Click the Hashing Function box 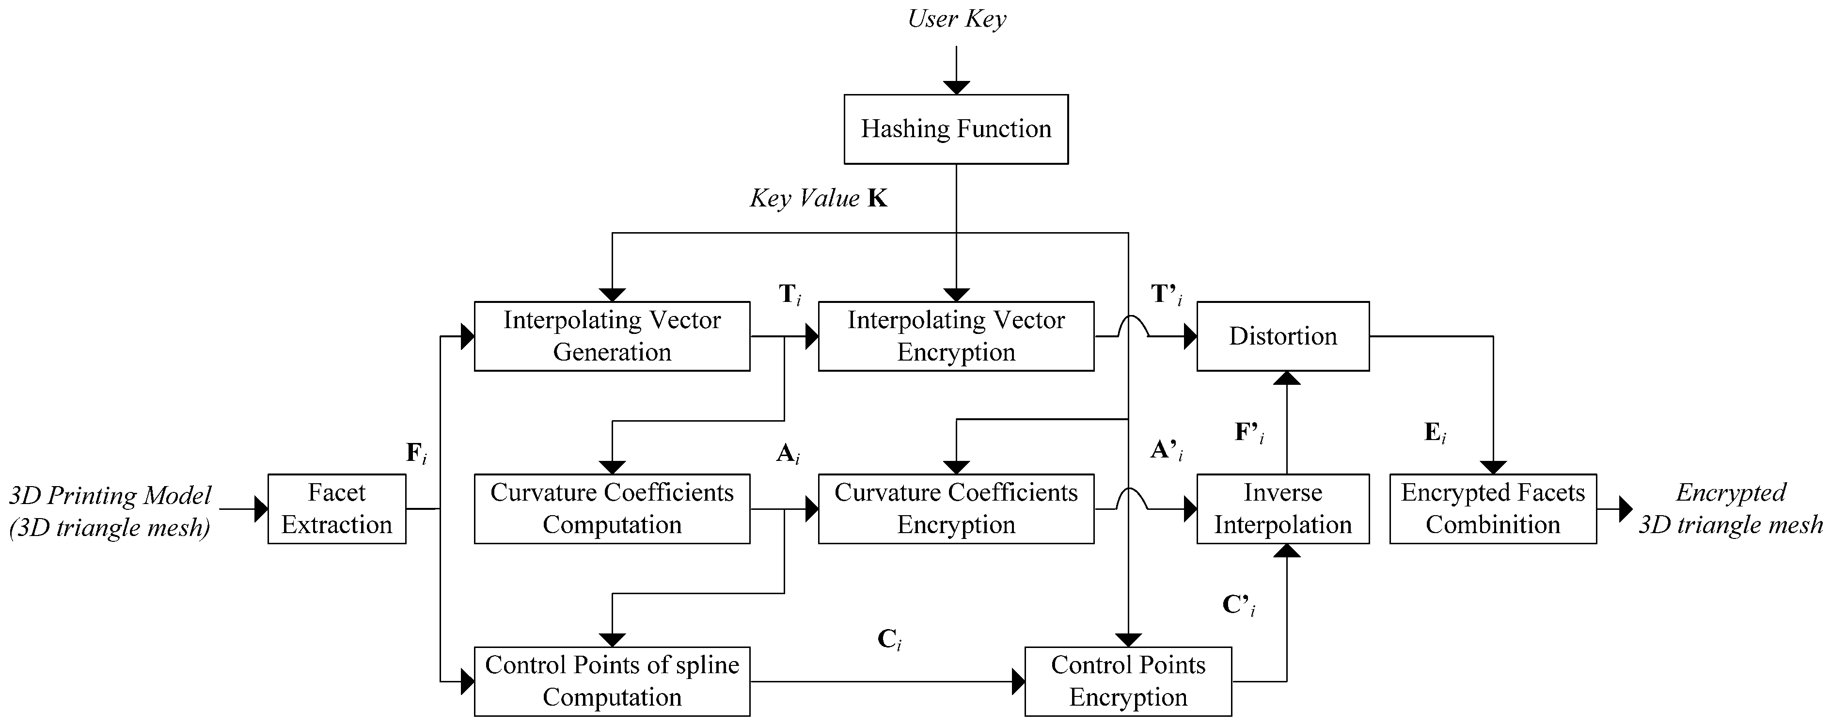[956, 129]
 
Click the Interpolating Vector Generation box [612, 336]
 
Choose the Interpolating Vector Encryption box [956, 336]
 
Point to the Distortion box [1283, 336]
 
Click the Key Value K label [818, 198]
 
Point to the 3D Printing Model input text [110, 510]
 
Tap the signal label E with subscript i [1435, 433]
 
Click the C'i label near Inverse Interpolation [1238, 605]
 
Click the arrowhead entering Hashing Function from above [957, 87]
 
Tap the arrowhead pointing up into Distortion [1287, 379]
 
